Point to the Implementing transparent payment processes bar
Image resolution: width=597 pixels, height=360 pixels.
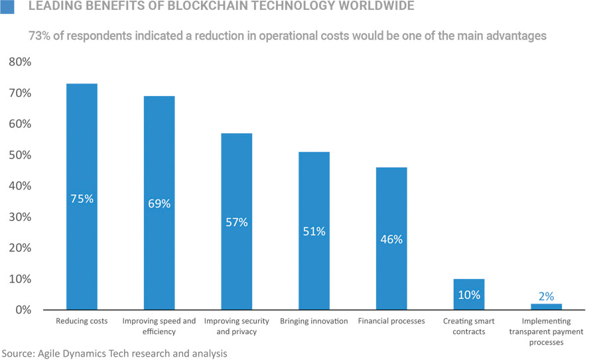(x=546, y=307)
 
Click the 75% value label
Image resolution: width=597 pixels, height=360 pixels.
(x=82, y=198)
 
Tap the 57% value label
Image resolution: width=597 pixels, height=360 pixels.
(x=236, y=222)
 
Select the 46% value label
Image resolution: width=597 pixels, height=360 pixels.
(x=391, y=239)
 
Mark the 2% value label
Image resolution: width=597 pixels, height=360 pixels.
(x=546, y=296)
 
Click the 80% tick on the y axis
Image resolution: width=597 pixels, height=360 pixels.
(x=19, y=62)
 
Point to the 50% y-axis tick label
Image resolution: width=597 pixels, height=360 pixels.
(x=19, y=155)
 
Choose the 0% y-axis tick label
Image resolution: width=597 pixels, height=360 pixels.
(x=23, y=310)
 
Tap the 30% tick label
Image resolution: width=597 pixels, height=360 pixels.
(x=19, y=217)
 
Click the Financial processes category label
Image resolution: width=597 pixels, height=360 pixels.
(x=391, y=322)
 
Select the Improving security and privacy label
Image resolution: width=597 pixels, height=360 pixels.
(x=236, y=326)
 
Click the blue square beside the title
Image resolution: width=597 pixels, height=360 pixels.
(x=8, y=7)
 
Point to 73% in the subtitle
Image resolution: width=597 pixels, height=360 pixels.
(x=40, y=36)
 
